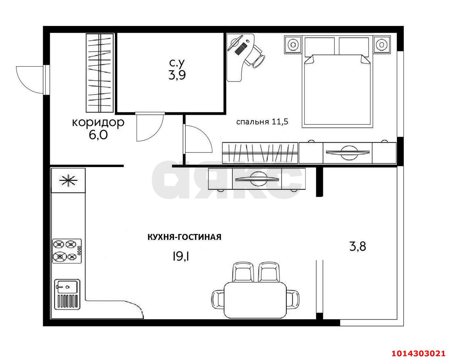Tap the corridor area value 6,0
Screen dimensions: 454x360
(98, 135)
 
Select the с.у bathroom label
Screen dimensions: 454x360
(177, 63)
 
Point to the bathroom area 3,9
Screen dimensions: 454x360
(177, 75)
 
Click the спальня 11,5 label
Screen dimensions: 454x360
(262, 122)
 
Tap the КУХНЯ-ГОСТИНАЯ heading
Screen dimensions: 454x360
(184, 237)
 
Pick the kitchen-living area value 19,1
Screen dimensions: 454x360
(181, 257)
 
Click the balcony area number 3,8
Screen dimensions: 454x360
(358, 246)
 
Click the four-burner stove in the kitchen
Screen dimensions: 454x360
(67, 251)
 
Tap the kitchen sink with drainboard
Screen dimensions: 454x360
(67, 295)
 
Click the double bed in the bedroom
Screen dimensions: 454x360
(337, 82)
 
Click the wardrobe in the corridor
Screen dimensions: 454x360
(99, 73)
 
